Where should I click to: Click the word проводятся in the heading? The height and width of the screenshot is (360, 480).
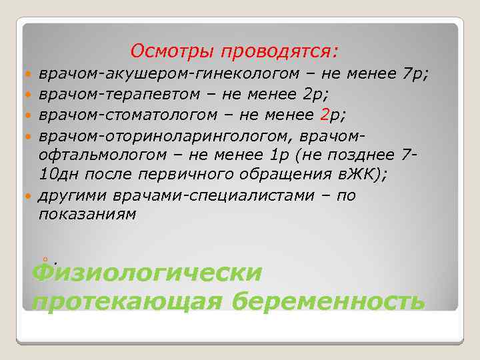279,51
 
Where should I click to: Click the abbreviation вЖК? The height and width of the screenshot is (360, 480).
354,175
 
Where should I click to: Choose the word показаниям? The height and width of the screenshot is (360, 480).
87,215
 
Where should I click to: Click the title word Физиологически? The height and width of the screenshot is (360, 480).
147,273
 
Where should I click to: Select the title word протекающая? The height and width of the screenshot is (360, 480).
127,301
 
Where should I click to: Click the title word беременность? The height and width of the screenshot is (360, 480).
329,301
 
